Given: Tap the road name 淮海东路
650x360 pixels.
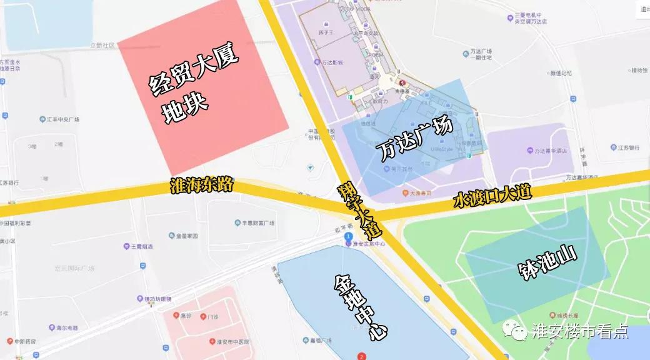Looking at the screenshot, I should click(201, 186).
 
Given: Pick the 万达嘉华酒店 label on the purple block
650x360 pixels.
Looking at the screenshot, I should click(550, 151).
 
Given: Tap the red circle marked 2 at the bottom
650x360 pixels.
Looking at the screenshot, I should click(361, 357).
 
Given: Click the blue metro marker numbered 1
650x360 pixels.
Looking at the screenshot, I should click(349, 236).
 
